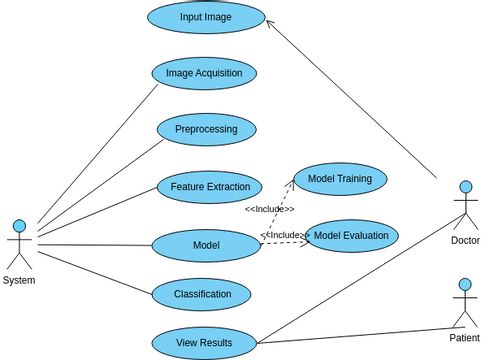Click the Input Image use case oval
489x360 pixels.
[x=206, y=17]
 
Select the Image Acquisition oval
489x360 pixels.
[x=204, y=73]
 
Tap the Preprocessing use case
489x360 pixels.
[x=206, y=129]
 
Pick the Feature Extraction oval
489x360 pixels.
[x=209, y=187]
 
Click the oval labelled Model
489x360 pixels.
[x=206, y=246]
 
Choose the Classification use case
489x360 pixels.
[x=201, y=294]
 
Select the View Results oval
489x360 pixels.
[x=204, y=343]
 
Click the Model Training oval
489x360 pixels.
[x=340, y=179]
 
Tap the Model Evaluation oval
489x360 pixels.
[x=351, y=236]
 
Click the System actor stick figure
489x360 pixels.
[x=18, y=245]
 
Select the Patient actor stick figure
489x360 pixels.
[x=464, y=304]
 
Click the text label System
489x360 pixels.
[x=18, y=281]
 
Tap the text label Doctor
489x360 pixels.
[x=465, y=241]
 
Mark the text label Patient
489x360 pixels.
[x=464, y=338]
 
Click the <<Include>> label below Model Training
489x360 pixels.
[x=269, y=209]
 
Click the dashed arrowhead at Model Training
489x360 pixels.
[x=292, y=183]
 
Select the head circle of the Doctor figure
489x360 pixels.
[x=465, y=187]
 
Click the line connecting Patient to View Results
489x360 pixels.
[x=360, y=335]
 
